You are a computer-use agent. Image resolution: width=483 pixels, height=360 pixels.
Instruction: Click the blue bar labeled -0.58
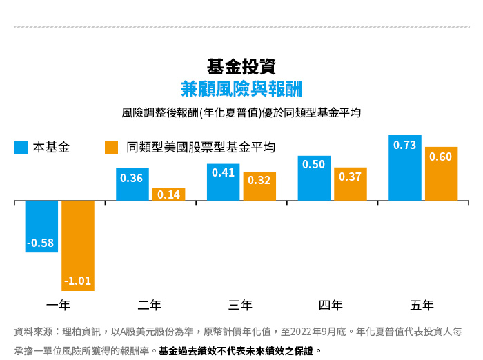[x=41, y=226]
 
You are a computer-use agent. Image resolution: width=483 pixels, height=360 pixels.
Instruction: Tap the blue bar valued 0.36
[x=132, y=184]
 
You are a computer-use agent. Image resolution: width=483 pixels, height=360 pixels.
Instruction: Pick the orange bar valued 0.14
[x=168, y=194]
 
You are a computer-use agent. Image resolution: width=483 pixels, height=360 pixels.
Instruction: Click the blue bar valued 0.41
[x=223, y=182]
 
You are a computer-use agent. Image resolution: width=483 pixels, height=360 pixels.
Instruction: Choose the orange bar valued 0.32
[x=259, y=186]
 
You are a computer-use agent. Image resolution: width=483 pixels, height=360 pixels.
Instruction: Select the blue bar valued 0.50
[x=314, y=178]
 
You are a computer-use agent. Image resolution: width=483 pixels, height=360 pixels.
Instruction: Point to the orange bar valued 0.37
[x=351, y=184]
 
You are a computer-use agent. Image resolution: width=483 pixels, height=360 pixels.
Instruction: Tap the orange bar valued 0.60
[x=441, y=174]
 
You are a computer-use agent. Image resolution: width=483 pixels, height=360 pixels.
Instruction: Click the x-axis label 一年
[x=59, y=305]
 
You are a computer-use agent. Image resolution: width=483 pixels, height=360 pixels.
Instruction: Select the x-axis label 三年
[x=240, y=305]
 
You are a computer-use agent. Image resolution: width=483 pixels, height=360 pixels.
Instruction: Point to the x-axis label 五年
[x=422, y=305]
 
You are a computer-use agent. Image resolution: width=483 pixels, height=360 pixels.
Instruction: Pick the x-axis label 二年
[x=150, y=305]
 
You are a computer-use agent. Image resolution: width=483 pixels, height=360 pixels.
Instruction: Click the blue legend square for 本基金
[x=21, y=148]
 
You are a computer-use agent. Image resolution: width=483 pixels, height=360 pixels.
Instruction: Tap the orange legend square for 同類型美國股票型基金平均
[x=111, y=148]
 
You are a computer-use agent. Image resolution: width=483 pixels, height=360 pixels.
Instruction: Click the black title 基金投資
[x=241, y=67]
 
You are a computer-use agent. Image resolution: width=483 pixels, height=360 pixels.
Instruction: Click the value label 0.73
[x=405, y=146]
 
